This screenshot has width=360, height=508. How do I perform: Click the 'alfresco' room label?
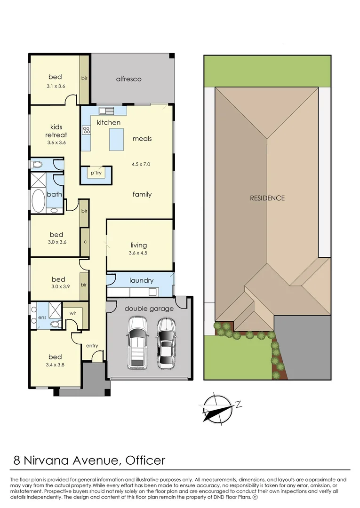click(128, 79)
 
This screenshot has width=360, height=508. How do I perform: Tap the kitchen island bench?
click(116, 139)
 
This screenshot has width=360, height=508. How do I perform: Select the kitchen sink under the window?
click(106, 111)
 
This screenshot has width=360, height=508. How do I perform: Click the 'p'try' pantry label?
click(96, 173)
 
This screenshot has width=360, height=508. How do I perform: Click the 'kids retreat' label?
click(56, 131)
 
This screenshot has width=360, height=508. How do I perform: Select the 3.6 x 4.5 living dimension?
click(138, 253)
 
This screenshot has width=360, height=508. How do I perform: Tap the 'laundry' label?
click(141, 280)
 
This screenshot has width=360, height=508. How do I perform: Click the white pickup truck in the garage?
click(137, 342)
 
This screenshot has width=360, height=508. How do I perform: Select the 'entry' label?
click(92, 346)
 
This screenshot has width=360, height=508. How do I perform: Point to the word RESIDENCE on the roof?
click(267, 198)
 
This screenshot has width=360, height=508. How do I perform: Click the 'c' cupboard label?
click(85, 242)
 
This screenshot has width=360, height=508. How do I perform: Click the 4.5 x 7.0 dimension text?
click(141, 165)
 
